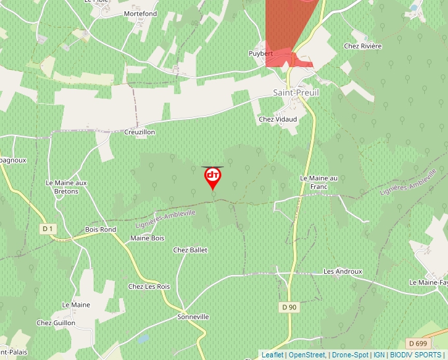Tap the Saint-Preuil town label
pyautogui.click(x=296, y=93)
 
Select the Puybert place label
pyautogui.click(x=260, y=53)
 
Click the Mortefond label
pyautogui.click(x=140, y=13)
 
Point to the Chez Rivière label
pyautogui.click(x=362, y=46)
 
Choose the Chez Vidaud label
pyautogui.click(x=278, y=119)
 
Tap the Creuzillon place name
pyautogui.click(x=140, y=132)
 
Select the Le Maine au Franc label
pyautogui.click(x=319, y=182)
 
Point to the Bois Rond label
pyautogui.click(x=100, y=230)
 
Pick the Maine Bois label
pyautogui.click(x=148, y=238)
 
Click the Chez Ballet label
pyautogui.click(x=190, y=250)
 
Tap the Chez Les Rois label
pyautogui.click(x=149, y=286)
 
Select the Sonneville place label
pyautogui.click(x=193, y=317)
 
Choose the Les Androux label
pyautogui.click(x=343, y=271)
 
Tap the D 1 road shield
pyautogui.click(x=47, y=228)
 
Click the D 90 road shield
pyautogui.click(x=289, y=307)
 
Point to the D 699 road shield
pyautogui.click(x=417, y=344)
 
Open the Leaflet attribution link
pyautogui.click(x=272, y=355)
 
